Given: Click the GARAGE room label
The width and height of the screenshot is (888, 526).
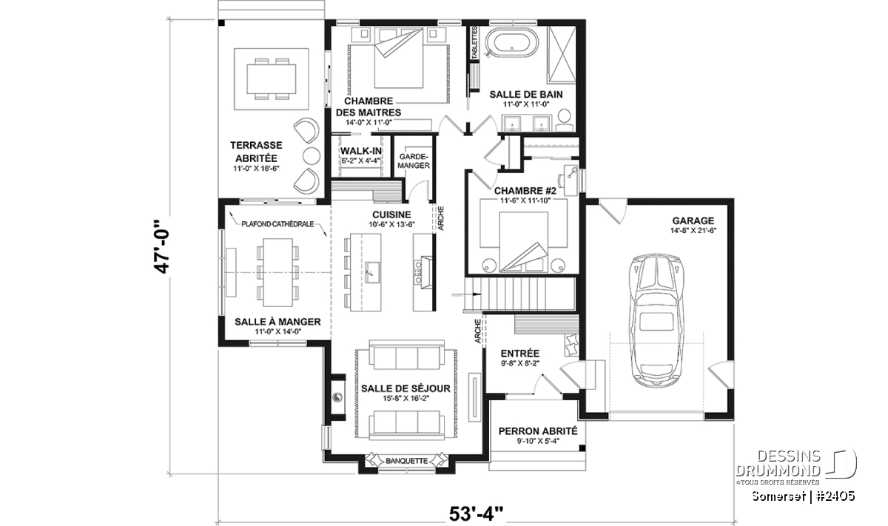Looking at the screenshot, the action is (x=693, y=220).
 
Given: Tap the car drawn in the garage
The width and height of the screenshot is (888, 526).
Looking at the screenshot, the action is (x=657, y=320).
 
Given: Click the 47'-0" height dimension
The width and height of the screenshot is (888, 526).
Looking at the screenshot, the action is (x=162, y=246).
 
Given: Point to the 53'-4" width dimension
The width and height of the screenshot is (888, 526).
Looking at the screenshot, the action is (x=476, y=514).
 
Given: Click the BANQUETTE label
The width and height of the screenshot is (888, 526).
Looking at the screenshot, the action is (x=407, y=461).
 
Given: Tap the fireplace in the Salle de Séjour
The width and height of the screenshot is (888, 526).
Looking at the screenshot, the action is (x=338, y=397).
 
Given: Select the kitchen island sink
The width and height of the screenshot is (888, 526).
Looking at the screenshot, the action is (x=371, y=272).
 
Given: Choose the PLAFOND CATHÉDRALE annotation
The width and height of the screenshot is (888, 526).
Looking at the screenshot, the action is (x=277, y=224).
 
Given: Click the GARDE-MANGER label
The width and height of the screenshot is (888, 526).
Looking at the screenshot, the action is (x=414, y=161).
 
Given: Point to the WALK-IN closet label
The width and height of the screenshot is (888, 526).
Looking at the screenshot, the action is (x=361, y=151).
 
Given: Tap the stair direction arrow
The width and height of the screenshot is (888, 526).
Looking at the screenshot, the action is (x=467, y=294).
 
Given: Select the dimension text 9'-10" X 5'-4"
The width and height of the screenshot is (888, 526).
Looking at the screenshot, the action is (x=538, y=442).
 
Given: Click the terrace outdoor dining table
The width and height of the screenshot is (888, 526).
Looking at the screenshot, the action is (x=271, y=79).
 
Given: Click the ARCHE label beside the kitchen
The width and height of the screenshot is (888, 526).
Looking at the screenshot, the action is (x=441, y=218).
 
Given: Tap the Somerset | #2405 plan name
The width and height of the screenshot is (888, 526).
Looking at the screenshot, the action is (x=803, y=496).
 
